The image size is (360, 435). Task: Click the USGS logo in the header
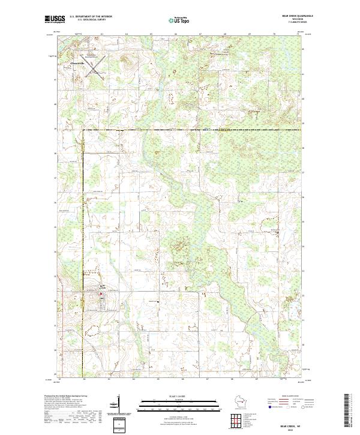[55, 20]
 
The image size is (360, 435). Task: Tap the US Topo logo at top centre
[180, 20]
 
